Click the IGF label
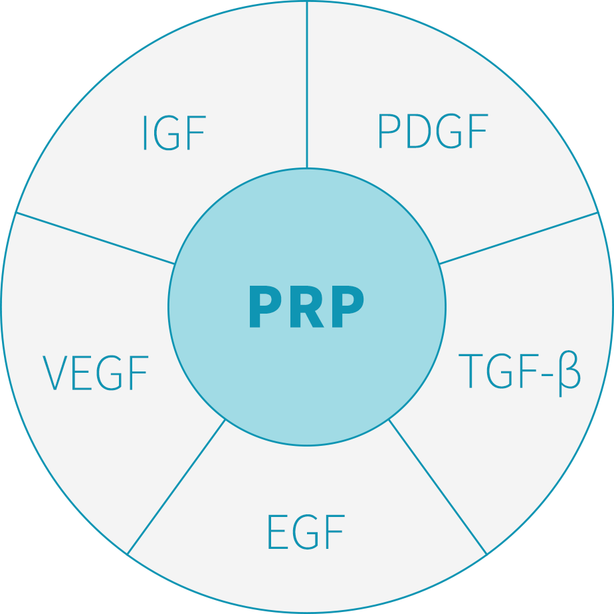[175, 133]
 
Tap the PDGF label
[433, 131]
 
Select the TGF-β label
[519, 373]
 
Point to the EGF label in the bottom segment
[306, 532]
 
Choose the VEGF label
[96, 373]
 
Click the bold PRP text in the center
[306, 306]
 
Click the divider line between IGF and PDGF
[307, 84]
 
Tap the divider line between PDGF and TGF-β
[518, 238]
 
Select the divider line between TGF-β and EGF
[437, 486]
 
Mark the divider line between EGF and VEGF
[177, 486]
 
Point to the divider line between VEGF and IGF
[95, 238]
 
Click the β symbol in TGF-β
[569, 373]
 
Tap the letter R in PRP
[307, 306]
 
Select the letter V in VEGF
[54, 373]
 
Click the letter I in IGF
[145, 133]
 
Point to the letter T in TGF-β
[470, 371]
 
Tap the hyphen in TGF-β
[547, 375]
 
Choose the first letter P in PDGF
[389, 131]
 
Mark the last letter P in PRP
[348, 306]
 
